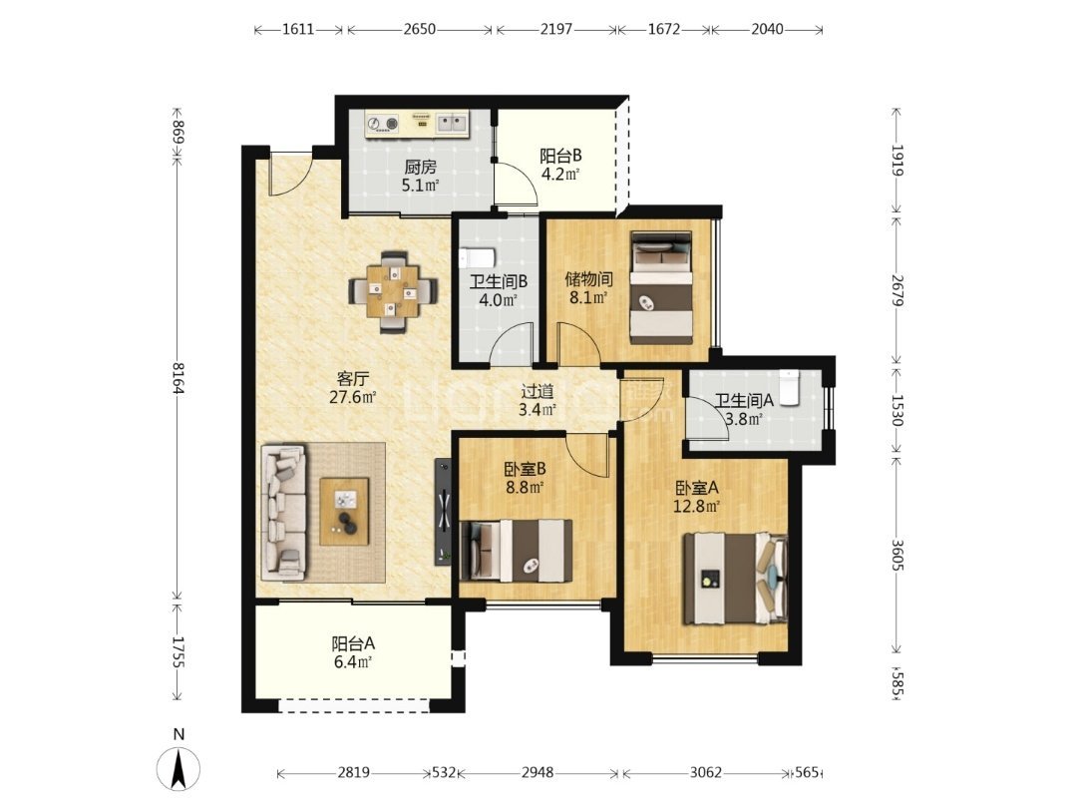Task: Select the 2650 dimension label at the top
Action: [419, 29]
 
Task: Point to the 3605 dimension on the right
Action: [897, 555]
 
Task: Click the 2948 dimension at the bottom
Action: [538, 772]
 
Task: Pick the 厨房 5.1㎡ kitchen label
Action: [421, 176]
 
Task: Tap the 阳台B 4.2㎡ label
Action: [560, 165]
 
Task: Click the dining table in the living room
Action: [394, 292]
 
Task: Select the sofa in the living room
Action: [283, 512]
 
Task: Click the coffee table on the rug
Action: [345, 511]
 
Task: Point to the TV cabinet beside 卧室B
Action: [444, 511]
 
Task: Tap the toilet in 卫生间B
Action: [476, 257]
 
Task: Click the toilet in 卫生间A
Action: [790, 387]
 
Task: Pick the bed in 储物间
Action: [661, 287]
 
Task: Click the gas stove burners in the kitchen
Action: [383, 124]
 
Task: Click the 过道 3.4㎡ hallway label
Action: [538, 401]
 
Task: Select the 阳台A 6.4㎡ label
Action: [353, 652]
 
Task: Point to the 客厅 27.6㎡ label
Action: [353, 387]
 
